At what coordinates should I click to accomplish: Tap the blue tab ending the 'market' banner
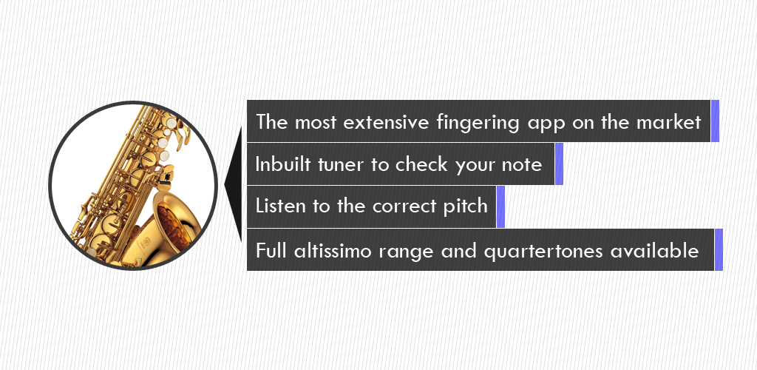tap(715, 121)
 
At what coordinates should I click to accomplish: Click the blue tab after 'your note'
tap(559, 164)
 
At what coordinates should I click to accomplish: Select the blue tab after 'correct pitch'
tap(500, 206)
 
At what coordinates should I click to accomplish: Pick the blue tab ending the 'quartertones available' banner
tap(719, 249)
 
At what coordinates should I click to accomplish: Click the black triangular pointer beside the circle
tap(234, 184)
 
